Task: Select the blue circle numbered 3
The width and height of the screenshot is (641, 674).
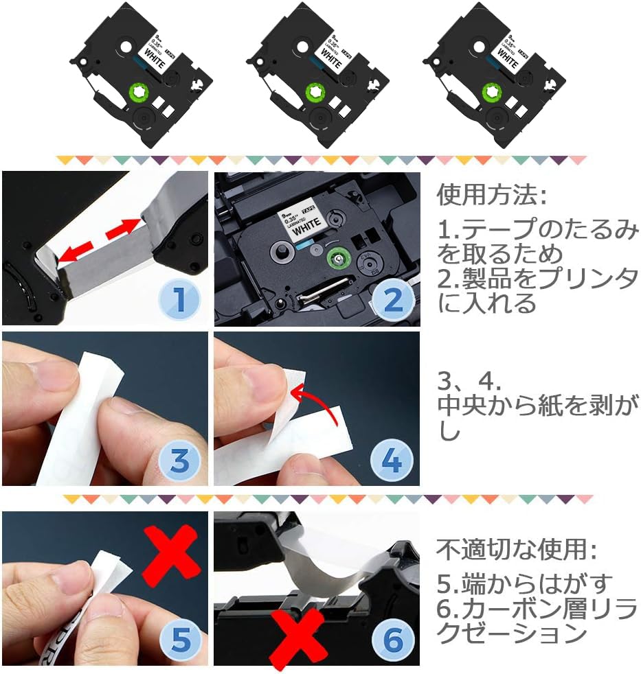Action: pyautogui.click(x=179, y=461)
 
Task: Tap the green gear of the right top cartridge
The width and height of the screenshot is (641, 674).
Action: pyautogui.click(x=492, y=91)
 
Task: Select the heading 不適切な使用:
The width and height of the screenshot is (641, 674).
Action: pyautogui.click(x=517, y=549)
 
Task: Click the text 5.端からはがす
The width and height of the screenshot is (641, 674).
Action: pyautogui.click(x=524, y=583)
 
